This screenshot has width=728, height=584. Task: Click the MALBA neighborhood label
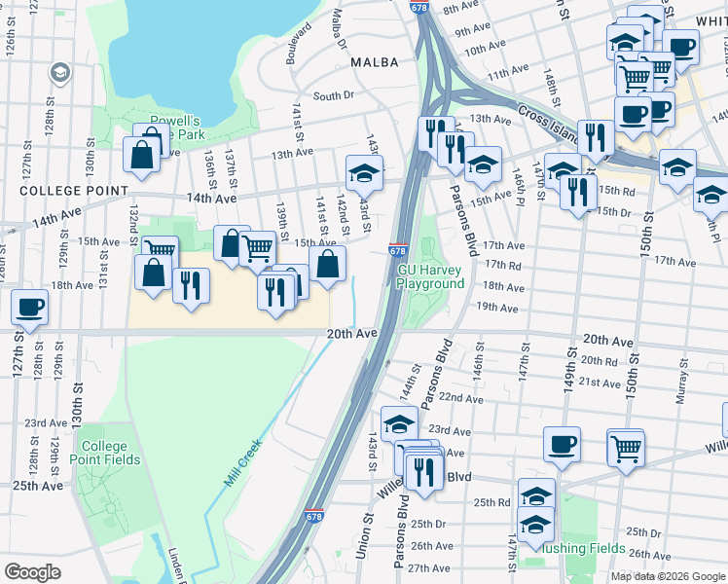[375, 62]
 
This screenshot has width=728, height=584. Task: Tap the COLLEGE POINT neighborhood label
[64, 191]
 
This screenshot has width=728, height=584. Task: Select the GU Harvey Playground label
[430, 276]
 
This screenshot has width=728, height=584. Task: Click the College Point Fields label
[110, 453]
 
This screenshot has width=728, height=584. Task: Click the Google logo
[32, 572]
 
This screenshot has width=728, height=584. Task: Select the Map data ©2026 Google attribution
[667, 576]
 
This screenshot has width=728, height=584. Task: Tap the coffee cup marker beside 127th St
[28, 308]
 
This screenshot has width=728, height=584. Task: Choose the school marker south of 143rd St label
[365, 174]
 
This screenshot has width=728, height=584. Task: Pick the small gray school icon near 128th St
[60, 73]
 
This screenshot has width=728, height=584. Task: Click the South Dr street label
[333, 96]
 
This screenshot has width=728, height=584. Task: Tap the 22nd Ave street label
[460, 398]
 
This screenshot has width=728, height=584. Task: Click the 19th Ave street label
[497, 308]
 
